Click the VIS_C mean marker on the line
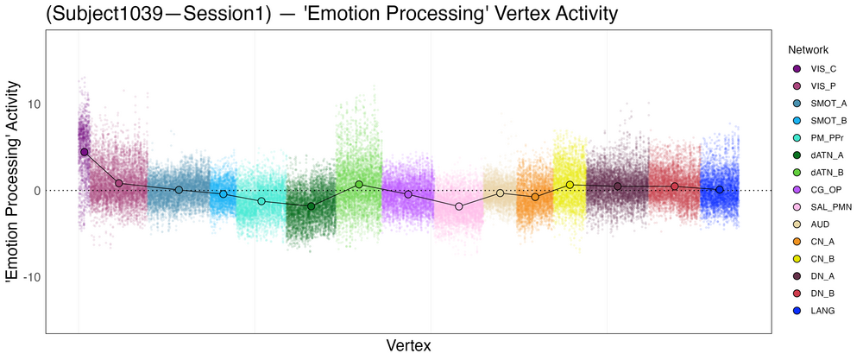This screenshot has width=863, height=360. (x=85, y=152)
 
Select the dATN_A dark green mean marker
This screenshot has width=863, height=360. (x=312, y=206)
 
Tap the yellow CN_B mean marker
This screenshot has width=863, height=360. (x=570, y=185)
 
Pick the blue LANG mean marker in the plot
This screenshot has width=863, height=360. (x=720, y=189)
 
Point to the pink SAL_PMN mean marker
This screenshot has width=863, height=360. (x=459, y=206)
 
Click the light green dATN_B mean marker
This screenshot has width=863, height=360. (x=359, y=184)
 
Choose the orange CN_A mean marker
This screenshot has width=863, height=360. (x=535, y=197)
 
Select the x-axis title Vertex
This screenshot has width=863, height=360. (x=408, y=345)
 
